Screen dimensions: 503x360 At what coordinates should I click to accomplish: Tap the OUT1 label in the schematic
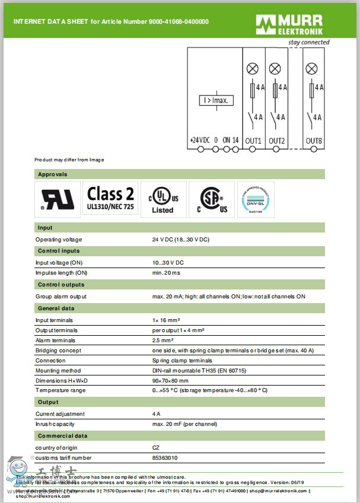(254, 141)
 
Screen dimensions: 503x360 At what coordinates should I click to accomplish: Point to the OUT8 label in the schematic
(314, 141)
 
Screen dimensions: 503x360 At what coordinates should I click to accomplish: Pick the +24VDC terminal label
(200, 141)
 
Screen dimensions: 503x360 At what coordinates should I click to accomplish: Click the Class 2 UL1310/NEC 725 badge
(111, 199)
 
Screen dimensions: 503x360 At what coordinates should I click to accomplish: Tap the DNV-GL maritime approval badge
(256, 199)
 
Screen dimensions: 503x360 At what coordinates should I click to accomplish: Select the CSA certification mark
(212, 199)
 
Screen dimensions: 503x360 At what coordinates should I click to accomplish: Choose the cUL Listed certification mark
(163, 200)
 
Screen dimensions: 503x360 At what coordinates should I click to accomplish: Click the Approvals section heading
(53, 174)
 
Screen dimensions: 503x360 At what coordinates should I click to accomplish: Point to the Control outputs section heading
(61, 285)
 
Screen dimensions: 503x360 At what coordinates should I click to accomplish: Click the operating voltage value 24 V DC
(180, 240)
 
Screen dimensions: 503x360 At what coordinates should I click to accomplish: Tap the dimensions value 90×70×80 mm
(170, 381)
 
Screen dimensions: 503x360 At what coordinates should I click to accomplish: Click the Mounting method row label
(58, 371)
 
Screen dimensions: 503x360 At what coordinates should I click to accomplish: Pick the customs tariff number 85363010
(165, 458)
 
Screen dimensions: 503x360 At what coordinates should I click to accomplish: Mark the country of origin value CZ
(156, 448)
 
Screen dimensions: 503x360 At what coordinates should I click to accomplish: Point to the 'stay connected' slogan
(308, 43)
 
